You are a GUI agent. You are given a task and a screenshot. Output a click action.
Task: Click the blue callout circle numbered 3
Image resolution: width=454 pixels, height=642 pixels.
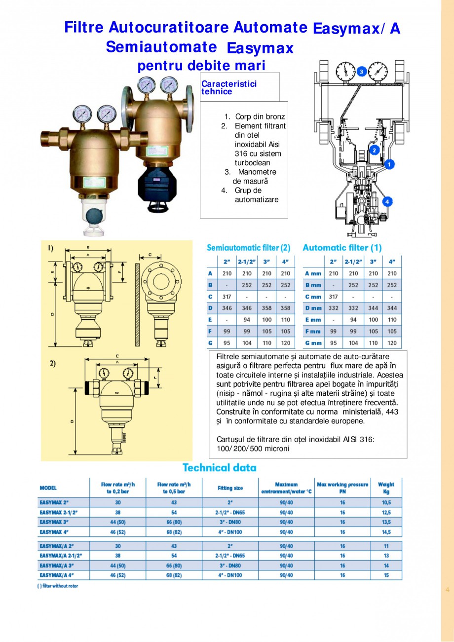[x=361, y=72]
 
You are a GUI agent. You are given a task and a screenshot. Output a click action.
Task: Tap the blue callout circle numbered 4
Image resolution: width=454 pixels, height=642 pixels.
[x=388, y=201]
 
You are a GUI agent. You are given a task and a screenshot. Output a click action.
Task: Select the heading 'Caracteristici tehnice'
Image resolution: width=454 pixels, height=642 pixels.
[x=229, y=88]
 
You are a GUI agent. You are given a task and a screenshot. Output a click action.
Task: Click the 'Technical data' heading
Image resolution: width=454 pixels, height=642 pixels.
[x=219, y=467]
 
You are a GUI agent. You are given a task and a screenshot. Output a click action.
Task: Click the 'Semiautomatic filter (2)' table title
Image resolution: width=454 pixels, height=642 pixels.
[x=248, y=248]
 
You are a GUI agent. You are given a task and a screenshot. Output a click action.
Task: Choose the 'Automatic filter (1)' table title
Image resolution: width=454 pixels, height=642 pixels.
[x=342, y=248]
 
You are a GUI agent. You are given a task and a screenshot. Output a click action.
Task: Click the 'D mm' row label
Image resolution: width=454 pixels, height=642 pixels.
[x=313, y=308]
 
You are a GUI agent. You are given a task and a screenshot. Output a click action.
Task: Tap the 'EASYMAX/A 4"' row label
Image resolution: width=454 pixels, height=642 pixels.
[x=58, y=575]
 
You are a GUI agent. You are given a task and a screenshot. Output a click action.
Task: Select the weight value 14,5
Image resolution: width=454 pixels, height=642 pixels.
[x=386, y=532]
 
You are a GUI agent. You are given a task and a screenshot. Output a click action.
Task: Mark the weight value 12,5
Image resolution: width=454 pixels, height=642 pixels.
[x=386, y=513]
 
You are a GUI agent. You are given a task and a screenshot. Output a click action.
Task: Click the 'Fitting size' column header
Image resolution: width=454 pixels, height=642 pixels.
[x=230, y=488]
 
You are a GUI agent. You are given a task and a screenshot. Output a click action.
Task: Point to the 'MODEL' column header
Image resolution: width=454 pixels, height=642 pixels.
[x=48, y=488]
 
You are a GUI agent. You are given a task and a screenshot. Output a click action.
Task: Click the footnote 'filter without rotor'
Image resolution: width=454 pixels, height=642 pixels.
[x=58, y=586]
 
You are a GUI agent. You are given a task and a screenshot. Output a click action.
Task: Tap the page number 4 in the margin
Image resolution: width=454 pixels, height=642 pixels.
[x=447, y=589]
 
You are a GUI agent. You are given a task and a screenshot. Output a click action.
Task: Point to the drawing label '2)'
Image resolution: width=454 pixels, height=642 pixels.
[x=52, y=363]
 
